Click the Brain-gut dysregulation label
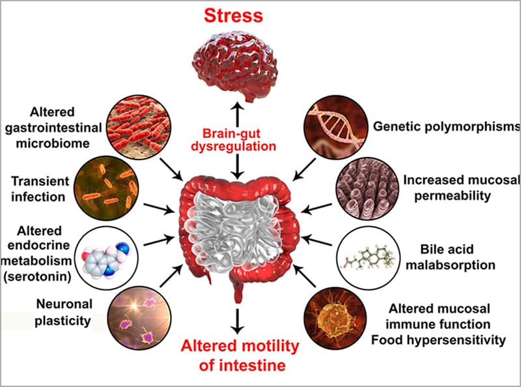click(x=237, y=138)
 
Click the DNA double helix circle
click(x=335, y=121)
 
